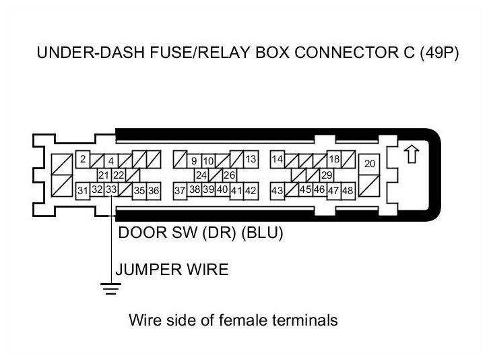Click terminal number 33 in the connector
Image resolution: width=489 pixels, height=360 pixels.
[111, 190]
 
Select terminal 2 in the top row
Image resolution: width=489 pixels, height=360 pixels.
[82, 160]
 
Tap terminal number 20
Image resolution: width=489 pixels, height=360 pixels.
[370, 164]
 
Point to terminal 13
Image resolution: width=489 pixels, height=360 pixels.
[251, 160]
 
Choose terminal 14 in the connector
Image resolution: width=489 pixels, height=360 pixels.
[278, 160]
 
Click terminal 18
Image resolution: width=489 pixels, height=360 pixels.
[333, 160]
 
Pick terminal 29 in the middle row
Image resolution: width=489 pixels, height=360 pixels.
[327, 175]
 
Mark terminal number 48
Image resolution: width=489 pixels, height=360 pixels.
[348, 191]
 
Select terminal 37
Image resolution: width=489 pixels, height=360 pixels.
[180, 191]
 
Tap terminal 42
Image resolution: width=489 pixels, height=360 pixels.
[251, 191]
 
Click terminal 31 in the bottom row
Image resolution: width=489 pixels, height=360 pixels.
[82, 191]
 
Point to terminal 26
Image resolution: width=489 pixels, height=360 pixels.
[229, 175]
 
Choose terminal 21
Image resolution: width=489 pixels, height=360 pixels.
[104, 175]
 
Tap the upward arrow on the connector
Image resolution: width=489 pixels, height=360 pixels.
[410, 154]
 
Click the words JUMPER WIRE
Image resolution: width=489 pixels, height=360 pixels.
[172, 270]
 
